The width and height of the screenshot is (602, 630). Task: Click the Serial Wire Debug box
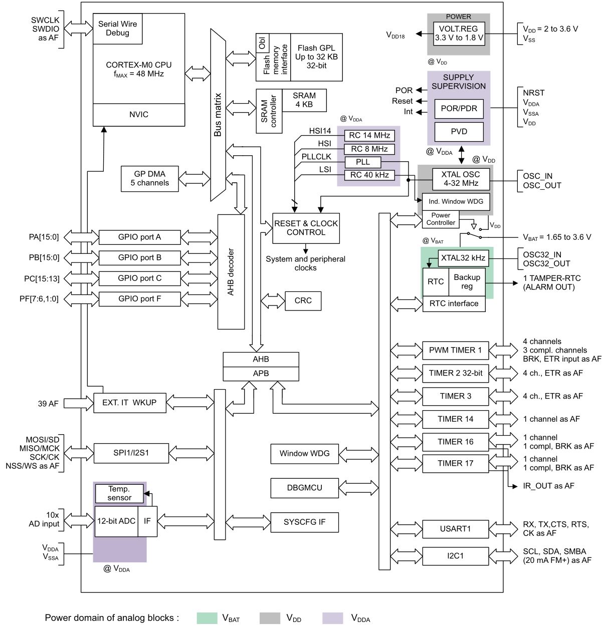pos(118,29)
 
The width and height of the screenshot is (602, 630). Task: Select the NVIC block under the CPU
pos(139,115)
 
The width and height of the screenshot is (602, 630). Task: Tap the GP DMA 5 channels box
pos(150,179)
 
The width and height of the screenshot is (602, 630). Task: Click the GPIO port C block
pos(140,278)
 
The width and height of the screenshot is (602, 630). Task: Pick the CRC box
pos(303,300)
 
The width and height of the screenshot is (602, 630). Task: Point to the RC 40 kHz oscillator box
pos(369,175)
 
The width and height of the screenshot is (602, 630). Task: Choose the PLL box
pos(363,162)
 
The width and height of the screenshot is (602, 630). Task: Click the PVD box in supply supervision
pos(459,132)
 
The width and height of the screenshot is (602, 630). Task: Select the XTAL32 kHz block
pos(463,258)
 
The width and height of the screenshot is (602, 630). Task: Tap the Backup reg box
pos(467,282)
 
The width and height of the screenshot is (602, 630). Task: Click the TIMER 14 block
pos(455,419)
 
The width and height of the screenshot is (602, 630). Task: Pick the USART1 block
pos(455,529)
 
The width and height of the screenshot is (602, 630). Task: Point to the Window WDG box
pos(304,454)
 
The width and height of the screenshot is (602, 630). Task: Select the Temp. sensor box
pos(119,493)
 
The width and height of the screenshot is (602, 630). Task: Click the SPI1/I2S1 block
pos(131,453)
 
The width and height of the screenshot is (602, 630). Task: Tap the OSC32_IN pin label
pos(542,254)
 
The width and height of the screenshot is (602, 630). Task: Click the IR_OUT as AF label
pos(548,486)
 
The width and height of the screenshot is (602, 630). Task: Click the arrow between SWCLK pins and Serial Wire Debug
pos(79,28)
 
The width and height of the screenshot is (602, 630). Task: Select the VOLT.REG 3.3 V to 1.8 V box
pos(459,34)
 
